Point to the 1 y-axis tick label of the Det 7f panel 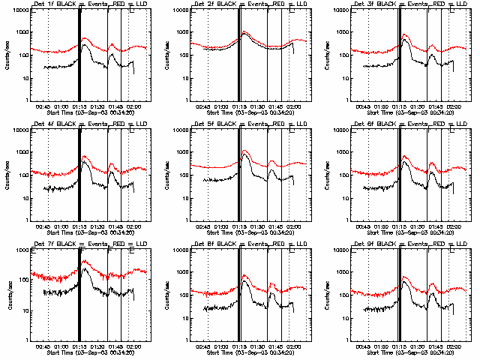tap(27, 340)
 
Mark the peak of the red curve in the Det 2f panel tap(244, 32)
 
